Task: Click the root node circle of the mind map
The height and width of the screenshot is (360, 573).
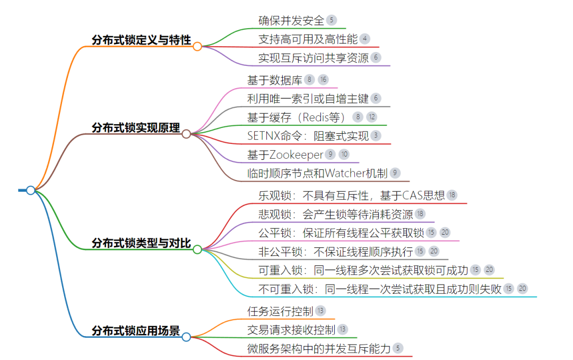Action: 31,190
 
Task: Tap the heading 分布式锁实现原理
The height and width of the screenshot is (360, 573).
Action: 136,127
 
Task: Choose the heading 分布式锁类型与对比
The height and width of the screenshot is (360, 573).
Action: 141,243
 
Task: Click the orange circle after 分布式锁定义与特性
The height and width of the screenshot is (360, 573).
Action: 197,46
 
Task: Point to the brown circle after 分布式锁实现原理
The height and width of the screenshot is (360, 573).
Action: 186,134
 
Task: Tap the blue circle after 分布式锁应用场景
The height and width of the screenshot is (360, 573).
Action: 186,337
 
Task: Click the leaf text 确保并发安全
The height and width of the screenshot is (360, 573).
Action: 291,21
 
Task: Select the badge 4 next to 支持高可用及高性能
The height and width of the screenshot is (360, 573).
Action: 365,39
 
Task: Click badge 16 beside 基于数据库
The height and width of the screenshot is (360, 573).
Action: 324,80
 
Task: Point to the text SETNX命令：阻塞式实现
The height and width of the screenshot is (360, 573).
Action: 308,135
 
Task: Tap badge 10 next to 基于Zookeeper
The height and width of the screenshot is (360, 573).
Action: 344,155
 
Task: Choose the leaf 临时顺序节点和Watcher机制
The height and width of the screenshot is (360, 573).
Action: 317,173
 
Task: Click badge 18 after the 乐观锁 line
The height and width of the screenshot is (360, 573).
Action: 452,195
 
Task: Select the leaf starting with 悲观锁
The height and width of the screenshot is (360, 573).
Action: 335,214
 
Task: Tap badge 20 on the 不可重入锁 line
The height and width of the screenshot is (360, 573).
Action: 523,288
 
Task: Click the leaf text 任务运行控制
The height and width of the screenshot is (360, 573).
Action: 280,311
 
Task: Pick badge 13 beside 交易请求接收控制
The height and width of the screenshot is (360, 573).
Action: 343,330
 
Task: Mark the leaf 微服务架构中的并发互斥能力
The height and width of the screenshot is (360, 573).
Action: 319,348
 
